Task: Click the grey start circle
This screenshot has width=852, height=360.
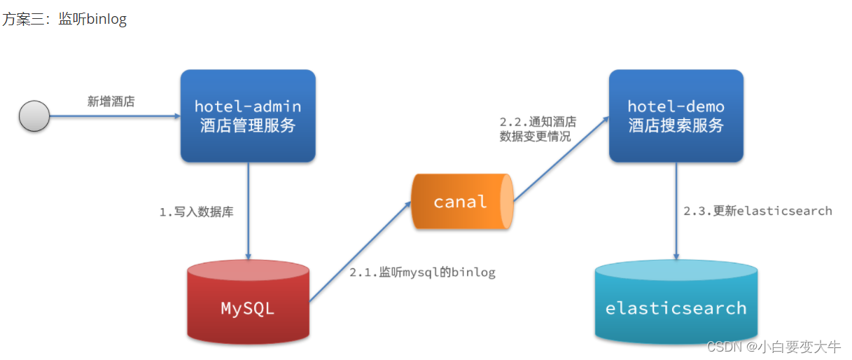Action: coord(34,116)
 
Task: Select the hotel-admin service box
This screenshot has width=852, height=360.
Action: coord(248,116)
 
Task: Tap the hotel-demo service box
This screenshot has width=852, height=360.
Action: coord(676,116)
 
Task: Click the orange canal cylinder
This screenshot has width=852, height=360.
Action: coord(463,201)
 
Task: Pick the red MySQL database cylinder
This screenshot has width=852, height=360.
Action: coord(248,302)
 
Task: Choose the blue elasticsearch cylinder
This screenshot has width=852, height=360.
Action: coord(676,302)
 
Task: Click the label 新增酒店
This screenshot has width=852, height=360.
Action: coord(111,102)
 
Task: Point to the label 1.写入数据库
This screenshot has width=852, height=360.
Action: coord(196,212)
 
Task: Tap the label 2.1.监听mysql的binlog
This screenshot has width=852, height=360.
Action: coord(422,272)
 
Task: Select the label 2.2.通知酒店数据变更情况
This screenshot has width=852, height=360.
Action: coord(538,129)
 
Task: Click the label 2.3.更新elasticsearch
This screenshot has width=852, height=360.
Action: coord(757,211)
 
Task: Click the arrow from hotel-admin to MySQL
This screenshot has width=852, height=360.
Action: coord(248,212)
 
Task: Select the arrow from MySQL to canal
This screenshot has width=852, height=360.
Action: coord(361,251)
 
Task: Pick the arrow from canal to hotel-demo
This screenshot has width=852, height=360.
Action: coord(561,159)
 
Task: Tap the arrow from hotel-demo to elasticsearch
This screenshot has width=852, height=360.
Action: coord(676,212)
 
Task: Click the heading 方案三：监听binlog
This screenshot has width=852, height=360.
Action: coord(64,19)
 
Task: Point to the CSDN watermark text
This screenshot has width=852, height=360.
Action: coord(774,347)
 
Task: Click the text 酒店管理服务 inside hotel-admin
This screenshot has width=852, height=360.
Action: coord(248,125)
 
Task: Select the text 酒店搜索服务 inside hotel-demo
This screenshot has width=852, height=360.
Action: coord(676,125)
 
